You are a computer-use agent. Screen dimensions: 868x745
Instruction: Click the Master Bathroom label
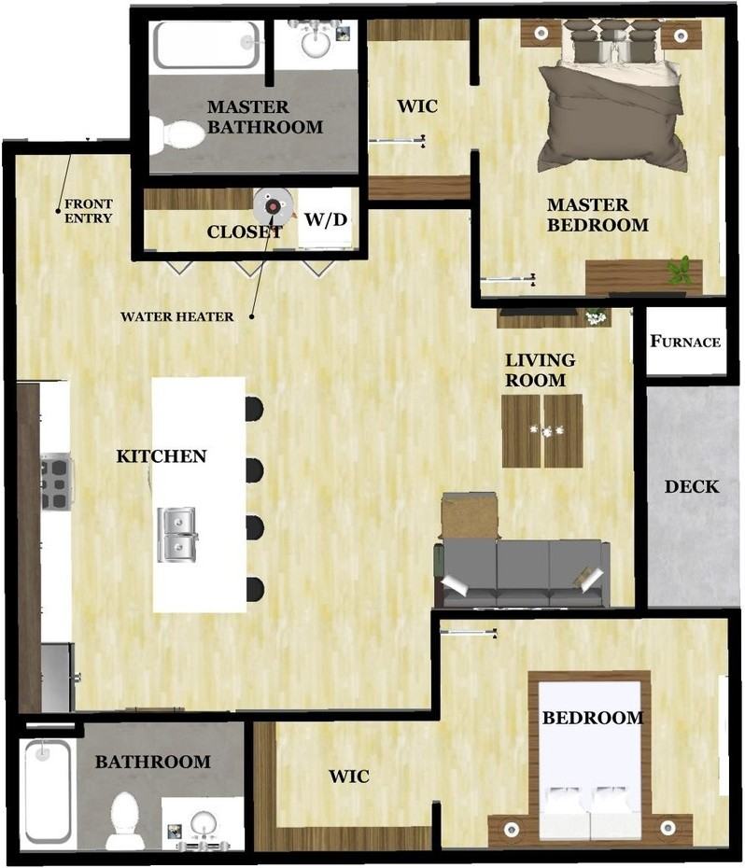coord(265,117)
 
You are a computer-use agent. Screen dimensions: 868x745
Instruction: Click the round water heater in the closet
coord(272,203)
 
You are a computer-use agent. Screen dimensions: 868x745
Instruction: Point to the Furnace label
coord(685,341)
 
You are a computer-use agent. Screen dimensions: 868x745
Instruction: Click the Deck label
coord(692,486)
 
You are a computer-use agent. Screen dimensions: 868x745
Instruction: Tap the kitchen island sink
coord(176,534)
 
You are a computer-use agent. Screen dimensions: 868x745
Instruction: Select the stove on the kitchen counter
coord(56,481)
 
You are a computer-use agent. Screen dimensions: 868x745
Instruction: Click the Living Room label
coord(540,370)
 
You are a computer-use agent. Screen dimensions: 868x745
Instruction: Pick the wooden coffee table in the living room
coord(541,430)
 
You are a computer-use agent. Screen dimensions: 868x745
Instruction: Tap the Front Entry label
coord(88,211)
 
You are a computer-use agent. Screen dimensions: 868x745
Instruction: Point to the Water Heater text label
coord(176,316)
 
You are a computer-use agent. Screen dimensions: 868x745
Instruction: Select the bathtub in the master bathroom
coord(205,44)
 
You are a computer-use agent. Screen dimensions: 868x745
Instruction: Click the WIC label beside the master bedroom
coord(416,105)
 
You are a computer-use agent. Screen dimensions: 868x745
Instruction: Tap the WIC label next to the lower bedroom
coord(348,777)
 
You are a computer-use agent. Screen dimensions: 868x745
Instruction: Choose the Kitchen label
coord(161,456)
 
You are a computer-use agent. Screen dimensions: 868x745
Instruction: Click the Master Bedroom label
coord(597,215)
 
